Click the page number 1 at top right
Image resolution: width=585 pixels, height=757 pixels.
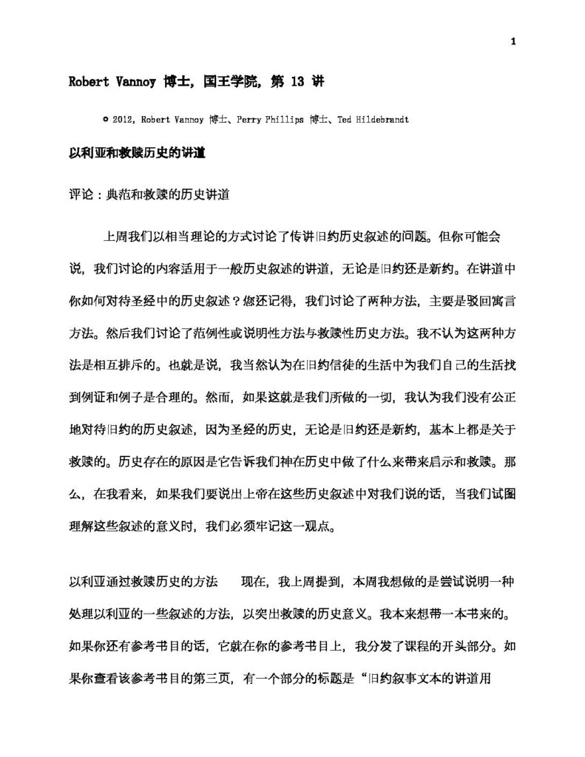(513, 41)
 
